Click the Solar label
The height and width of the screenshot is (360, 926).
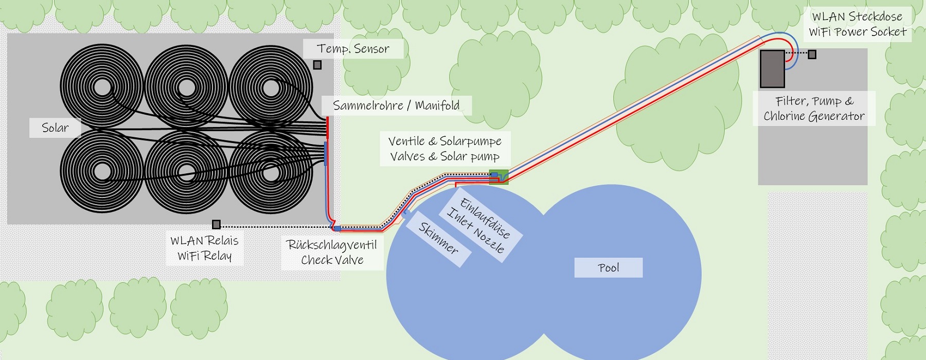[x=55, y=128]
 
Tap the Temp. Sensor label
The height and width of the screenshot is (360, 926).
[x=353, y=49]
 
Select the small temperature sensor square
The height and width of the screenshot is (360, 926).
[x=317, y=65]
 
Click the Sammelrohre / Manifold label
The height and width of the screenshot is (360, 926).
[x=396, y=105]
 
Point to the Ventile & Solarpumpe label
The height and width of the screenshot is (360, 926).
[x=444, y=149]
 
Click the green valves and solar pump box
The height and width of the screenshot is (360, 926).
[x=498, y=176]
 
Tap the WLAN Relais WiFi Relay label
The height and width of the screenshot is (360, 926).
[x=204, y=248]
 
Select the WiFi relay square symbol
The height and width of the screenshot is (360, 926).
[x=217, y=224]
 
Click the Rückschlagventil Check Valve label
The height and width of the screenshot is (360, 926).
[x=332, y=252]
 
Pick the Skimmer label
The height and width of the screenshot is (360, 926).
[x=438, y=238]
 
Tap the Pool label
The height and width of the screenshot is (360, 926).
[x=608, y=267]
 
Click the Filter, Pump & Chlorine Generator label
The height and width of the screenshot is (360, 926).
[x=814, y=109]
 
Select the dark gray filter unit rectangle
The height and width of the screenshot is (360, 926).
[x=772, y=68]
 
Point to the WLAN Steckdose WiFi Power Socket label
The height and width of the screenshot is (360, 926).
[x=857, y=24]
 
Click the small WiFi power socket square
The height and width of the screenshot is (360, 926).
[x=812, y=54]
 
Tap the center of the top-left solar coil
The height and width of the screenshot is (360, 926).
[x=102, y=87]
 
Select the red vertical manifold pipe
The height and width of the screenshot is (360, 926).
[x=327, y=128]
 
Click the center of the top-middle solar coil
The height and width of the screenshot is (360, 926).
[x=186, y=87]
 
